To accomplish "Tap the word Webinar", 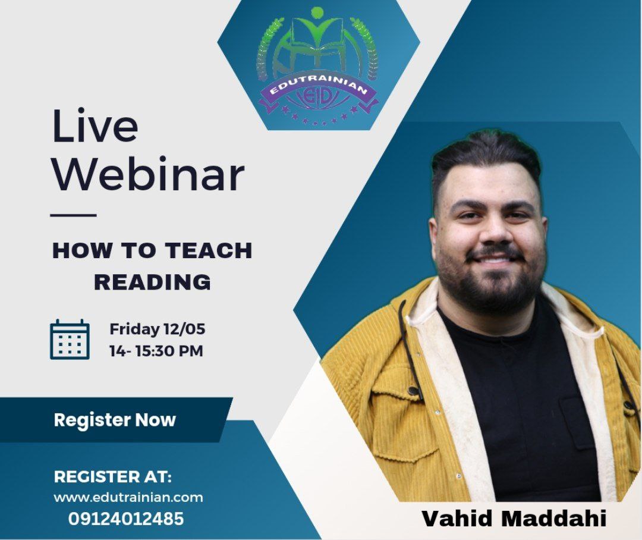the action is click(148, 174).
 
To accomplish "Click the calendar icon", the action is click(70, 339).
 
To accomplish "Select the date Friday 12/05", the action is click(157, 329).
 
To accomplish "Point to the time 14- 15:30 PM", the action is click(156, 351).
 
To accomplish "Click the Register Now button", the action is click(115, 420).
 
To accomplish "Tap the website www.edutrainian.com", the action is click(128, 497).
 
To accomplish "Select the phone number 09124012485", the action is click(125, 519).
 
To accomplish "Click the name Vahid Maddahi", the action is click(514, 518).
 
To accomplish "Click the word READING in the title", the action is click(152, 282).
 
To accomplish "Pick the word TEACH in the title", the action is click(209, 250).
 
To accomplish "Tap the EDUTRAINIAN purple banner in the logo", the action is click(319, 90).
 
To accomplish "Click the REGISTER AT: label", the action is click(113, 476).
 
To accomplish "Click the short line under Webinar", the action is click(73, 215).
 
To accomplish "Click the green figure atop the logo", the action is click(316, 27).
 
